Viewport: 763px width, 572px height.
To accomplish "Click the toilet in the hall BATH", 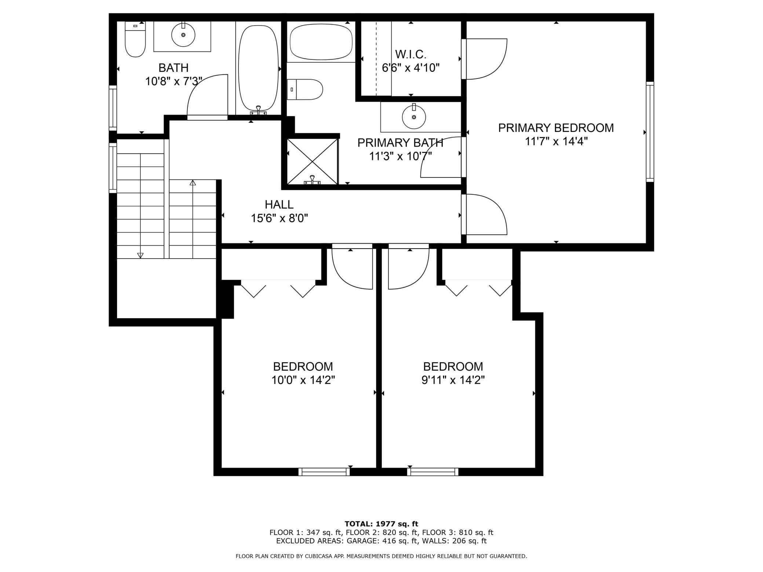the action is (135, 39).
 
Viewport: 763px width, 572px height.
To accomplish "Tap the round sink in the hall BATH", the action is (183, 35).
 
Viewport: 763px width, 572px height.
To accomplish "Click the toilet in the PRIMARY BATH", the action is (305, 89).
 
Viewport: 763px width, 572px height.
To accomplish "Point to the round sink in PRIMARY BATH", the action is (414, 117).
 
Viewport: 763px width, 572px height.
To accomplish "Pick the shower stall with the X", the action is (312, 161).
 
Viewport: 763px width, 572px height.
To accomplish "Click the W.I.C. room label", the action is (410, 55).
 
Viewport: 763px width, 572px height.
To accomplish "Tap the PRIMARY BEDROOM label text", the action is (556, 128).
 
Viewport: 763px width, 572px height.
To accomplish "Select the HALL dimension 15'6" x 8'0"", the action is (279, 218).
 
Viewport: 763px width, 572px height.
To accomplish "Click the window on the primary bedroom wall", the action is (650, 132).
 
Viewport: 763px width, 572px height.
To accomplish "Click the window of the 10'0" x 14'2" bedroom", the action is (324, 472).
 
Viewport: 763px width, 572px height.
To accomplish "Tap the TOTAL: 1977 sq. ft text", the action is (381, 524).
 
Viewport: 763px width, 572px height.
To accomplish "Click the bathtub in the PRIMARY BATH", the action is (321, 41).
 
